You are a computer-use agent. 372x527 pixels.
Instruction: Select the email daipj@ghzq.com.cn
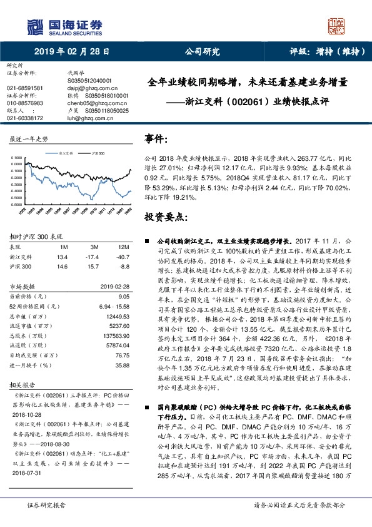click(87, 88)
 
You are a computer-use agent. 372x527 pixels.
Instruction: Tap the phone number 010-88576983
click(25, 103)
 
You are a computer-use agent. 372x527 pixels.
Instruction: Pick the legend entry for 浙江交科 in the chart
click(66, 152)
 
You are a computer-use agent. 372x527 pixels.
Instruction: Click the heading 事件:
click(156, 138)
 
